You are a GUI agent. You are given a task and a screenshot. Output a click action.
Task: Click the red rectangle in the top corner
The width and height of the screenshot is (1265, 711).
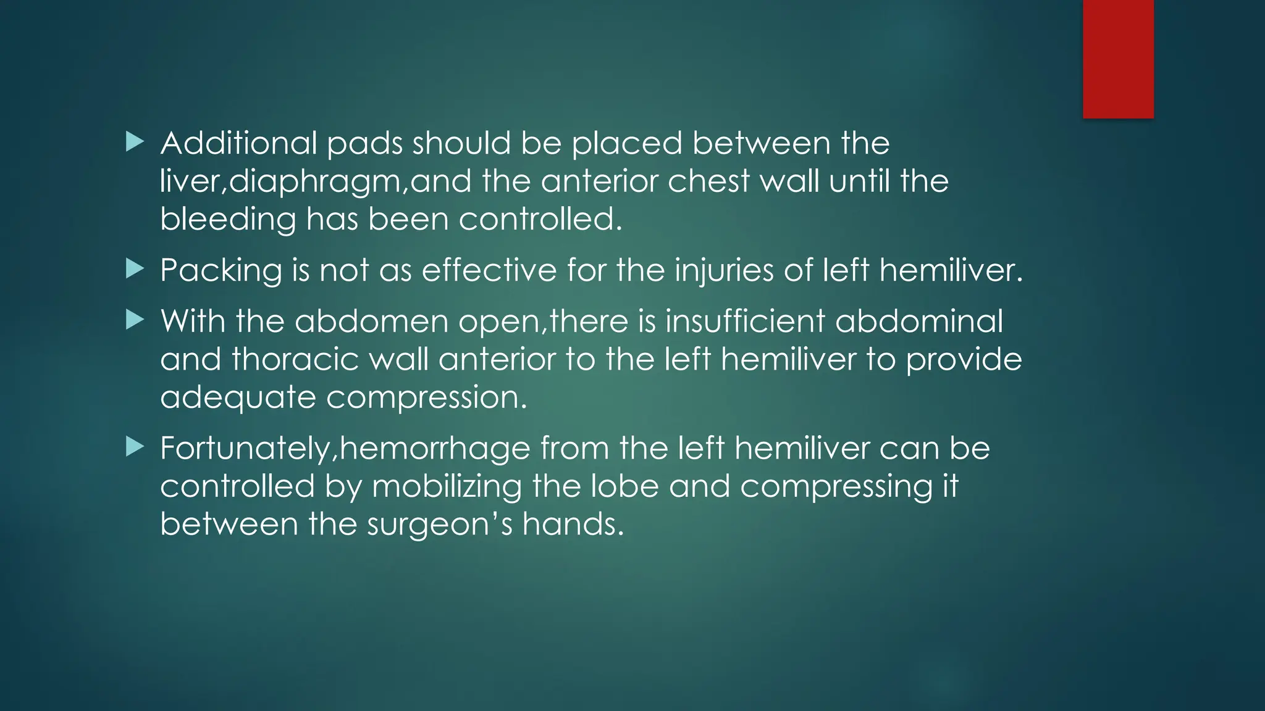1118,59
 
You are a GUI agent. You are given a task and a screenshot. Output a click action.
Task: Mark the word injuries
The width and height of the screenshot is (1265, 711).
724,271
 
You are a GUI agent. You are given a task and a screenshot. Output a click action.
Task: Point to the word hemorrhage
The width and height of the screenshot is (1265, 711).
435,449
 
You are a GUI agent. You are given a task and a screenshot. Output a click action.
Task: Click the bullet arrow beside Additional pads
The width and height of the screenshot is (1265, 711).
134,143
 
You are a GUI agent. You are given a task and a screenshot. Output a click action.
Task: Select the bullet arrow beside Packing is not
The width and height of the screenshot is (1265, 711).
134,269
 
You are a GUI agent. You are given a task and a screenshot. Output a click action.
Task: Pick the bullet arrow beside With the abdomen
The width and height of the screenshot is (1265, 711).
134,320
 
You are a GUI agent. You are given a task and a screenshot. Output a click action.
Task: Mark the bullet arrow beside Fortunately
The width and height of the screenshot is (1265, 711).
134,447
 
